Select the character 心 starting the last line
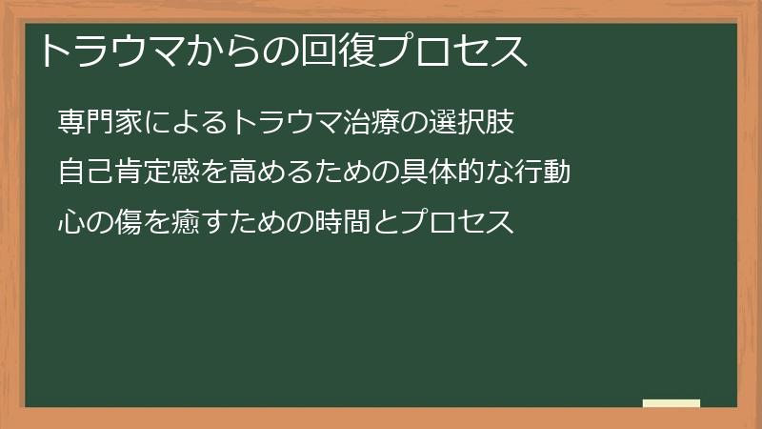71,223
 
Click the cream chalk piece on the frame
672,403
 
